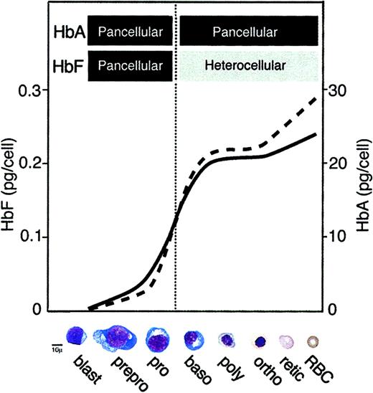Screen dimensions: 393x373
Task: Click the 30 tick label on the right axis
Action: click(340, 90)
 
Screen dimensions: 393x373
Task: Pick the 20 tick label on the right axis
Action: click(340, 164)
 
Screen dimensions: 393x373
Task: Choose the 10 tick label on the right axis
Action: click(340, 237)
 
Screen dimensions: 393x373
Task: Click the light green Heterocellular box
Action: click(249, 65)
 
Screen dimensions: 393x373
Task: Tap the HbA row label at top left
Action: click(67, 32)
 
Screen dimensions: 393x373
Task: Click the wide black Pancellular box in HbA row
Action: click(249, 32)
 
